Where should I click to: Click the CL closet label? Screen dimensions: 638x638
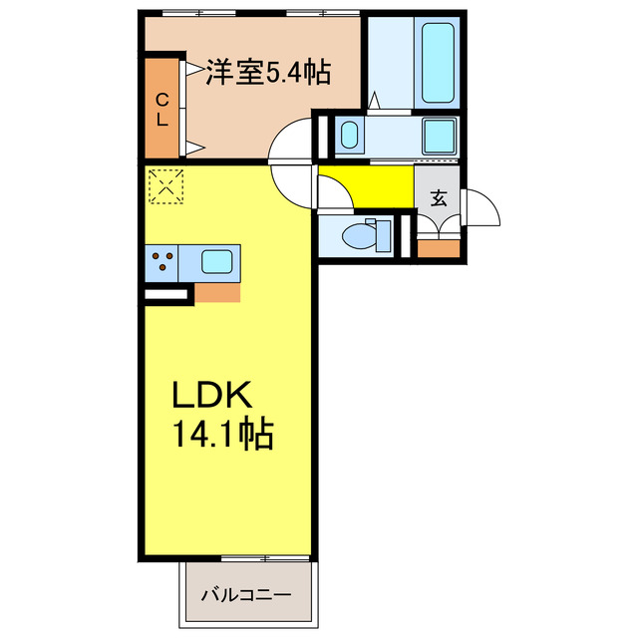(x=161, y=109)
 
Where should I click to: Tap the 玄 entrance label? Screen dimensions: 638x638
(x=439, y=196)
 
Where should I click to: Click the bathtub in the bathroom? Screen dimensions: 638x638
(x=437, y=62)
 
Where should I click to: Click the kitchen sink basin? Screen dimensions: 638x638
(x=217, y=262)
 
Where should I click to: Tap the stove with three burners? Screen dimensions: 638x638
(x=162, y=263)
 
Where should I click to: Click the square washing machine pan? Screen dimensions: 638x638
(x=439, y=136)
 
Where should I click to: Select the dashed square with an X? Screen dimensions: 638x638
(x=165, y=185)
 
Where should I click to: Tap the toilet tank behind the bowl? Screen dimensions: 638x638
(x=384, y=236)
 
